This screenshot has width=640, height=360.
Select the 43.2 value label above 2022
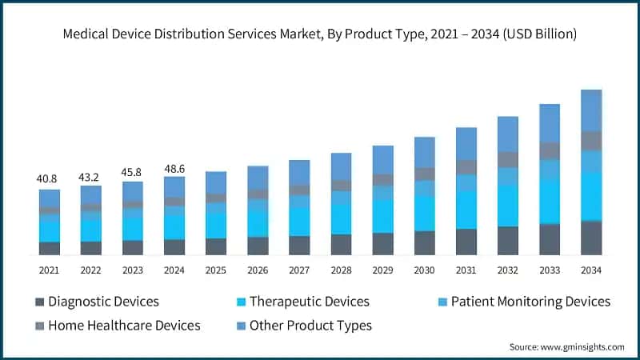[x=91, y=175]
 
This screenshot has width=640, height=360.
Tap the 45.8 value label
[x=133, y=171]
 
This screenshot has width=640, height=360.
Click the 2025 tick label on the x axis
[x=216, y=270]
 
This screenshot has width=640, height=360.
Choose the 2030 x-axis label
[x=424, y=270]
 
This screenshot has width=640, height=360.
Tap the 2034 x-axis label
[x=590, y=270]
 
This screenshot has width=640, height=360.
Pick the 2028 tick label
[x=341, y=270]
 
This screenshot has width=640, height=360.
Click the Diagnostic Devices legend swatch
[x=39, y=302]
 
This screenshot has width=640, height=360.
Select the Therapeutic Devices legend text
[x=309, y=302]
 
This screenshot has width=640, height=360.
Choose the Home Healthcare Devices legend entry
[x=124, y=326]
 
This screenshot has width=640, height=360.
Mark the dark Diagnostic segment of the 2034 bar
[x=590, y=238]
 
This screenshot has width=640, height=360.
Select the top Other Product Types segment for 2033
[x=549, y=122]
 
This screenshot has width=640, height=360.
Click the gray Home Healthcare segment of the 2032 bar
[x=507, y=159]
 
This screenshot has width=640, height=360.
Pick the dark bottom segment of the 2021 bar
[x=50, y=248]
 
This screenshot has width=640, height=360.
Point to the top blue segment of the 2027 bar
[x=299, y=172]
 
